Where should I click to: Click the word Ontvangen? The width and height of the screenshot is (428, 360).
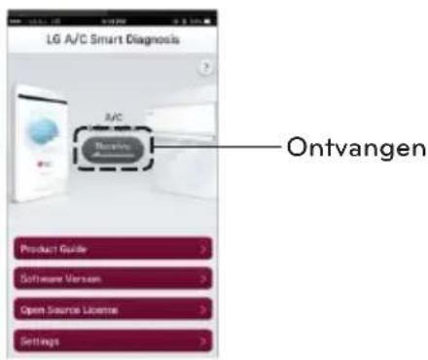pos(353,149)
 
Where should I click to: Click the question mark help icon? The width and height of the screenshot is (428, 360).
pos(204,72)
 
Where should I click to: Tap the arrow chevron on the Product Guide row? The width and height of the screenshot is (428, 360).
pos(202,248)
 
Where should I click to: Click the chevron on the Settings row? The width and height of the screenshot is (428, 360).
pos(202,342)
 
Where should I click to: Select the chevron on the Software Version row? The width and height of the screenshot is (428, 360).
pos(202,279)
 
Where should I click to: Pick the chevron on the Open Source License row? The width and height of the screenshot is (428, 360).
pos(202,310)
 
